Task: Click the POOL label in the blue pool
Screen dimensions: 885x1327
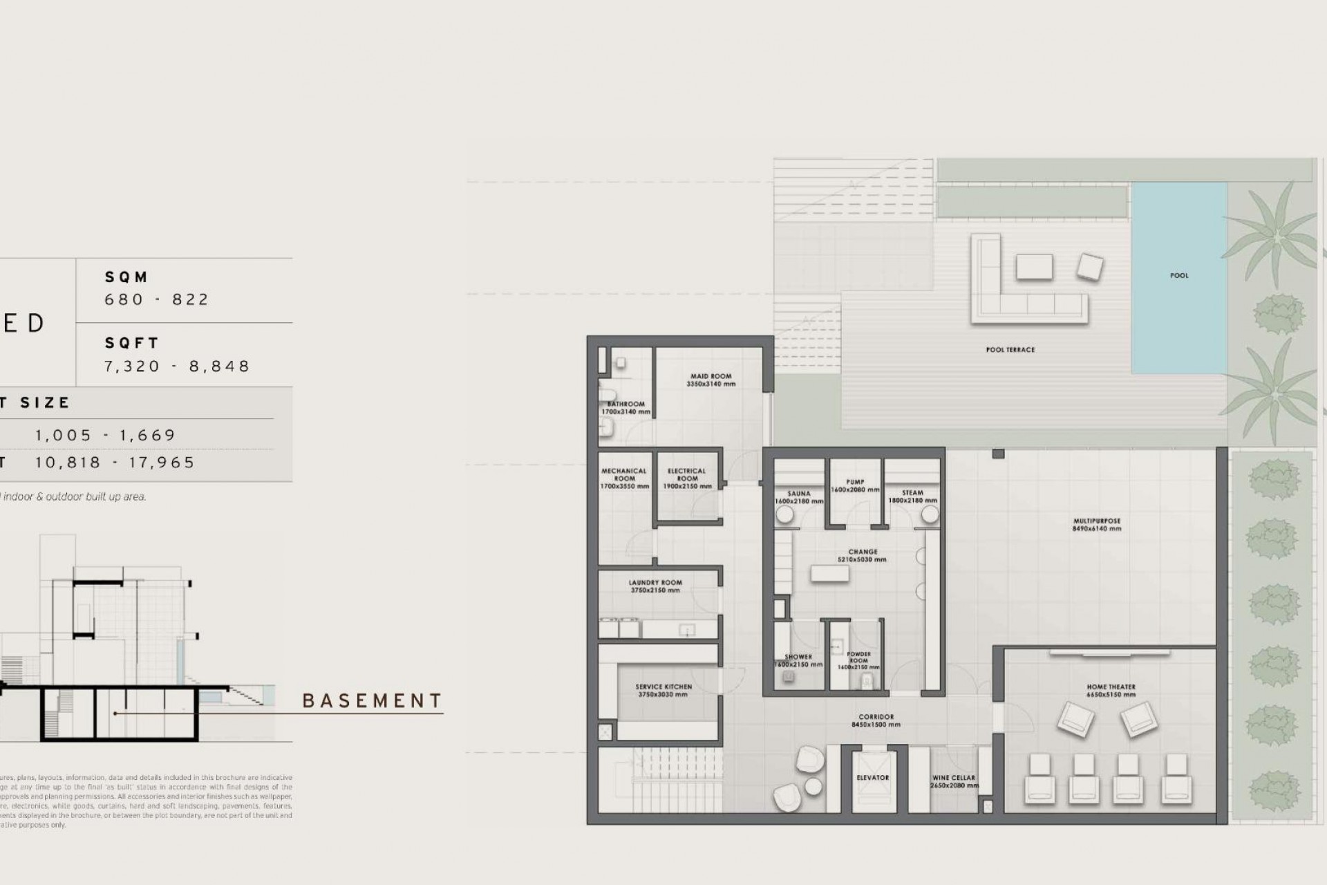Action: click(1179, 275)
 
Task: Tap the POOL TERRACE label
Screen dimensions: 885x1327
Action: click(1010, 350)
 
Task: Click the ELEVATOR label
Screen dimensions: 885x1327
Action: click(872, 778)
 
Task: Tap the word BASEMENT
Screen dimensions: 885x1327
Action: click(372, 701)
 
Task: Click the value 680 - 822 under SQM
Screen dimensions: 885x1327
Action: click(156, 299)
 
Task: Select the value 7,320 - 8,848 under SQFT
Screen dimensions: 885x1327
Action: click(177, 366)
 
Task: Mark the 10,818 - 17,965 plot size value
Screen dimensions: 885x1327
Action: click(115, 463)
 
